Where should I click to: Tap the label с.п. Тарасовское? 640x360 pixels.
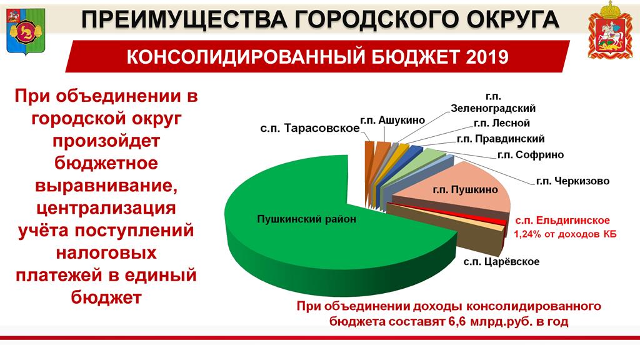pyautogui.click(x=310, y=128)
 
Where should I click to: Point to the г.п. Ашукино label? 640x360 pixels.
pyautogui.click(x=392, y=121)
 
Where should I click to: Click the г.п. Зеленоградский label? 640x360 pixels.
pyautogui.click(x=493, y=102)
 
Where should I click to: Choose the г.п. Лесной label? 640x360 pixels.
pyautogui.click(x=502, y=123)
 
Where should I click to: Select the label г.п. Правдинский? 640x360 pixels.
pyautogui.click(x=501, y=139)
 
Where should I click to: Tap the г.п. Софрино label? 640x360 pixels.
pyautogui.click(x=530, y=155)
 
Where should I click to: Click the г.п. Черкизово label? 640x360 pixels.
pyautogui.click(x=572, y=181)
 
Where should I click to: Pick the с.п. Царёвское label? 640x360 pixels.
pyautogui.click(x=501, y=261)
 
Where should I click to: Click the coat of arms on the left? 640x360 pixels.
pyautogui.click(x=25, y=31)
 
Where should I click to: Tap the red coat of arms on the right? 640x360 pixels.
pyautogui.click(x=611, y=30)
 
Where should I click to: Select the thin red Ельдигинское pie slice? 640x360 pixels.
pyautogui.click(x=449, y=212)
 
